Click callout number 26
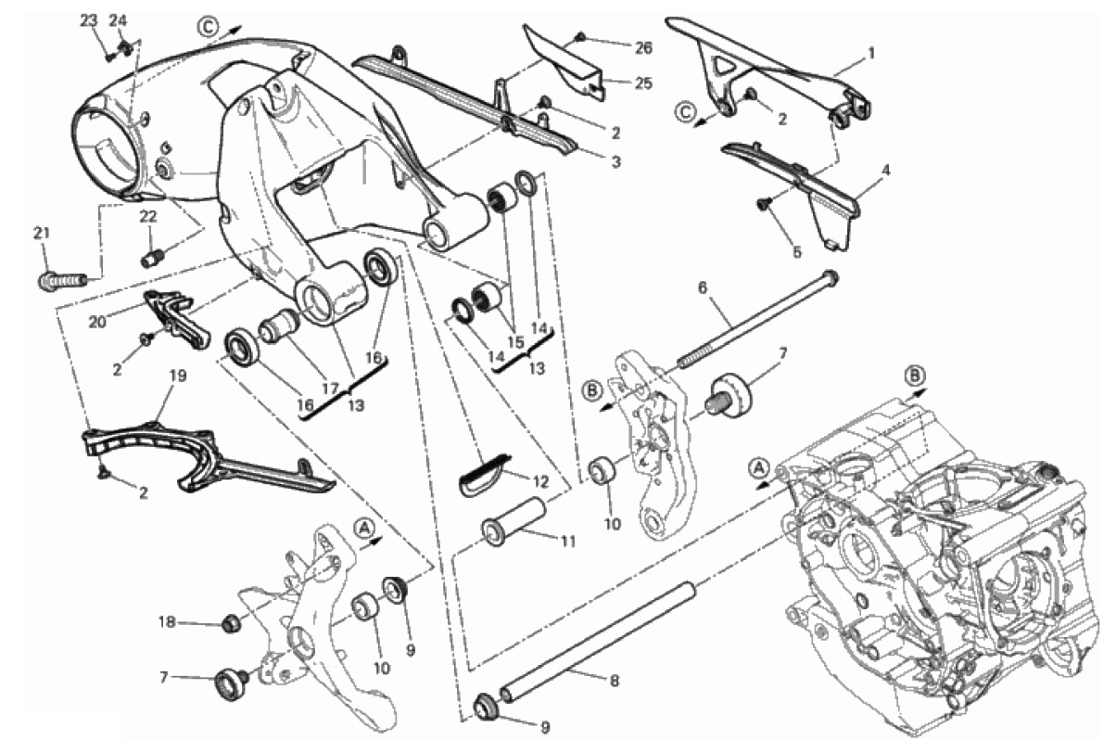point(643,48)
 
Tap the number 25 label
point(643,83)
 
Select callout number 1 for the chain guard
point(871,53)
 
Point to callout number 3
point(616,162)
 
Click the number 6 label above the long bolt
point(703,287)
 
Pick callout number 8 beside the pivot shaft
point(615,681)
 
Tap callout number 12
point(540,482)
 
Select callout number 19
point(178,376)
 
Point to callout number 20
point(97,322)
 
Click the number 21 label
point(42,233)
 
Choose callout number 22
point(148,216)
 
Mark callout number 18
point(168,622)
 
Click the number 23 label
point(89,21)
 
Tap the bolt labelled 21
point(61,281)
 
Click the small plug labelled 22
point(151,259)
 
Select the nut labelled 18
point(230,623)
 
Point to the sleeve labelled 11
point(514,525)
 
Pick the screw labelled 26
point(579,36)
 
